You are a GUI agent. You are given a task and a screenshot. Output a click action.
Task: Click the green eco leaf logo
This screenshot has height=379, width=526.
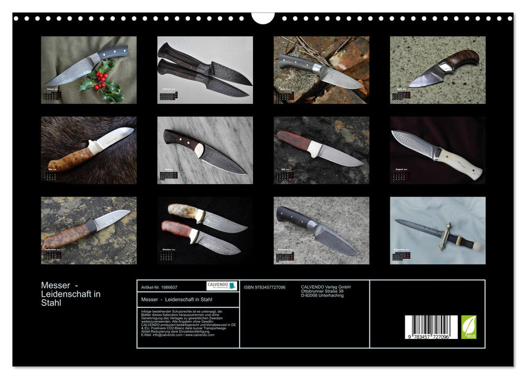[469, 327]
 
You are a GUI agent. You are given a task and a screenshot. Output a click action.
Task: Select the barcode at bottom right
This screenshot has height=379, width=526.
[431, 328]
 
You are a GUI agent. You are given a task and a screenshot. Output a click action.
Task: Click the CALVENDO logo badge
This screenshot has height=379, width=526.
[222, 286]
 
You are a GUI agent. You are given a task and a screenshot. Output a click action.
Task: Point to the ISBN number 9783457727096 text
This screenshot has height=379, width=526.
[264, 287]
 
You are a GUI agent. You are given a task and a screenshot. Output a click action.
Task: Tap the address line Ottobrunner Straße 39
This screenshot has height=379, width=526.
[322, 291]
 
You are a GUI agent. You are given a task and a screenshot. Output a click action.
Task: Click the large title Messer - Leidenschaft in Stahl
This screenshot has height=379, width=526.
[71, 294]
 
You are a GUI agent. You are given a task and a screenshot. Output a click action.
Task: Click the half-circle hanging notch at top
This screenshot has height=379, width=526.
[263, 18]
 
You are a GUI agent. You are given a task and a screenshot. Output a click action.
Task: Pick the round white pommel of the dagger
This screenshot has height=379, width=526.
[478, 247]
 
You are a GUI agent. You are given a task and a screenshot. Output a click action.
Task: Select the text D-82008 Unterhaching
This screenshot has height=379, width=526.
[322, 296]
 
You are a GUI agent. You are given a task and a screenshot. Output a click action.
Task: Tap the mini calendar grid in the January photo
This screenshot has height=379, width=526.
[51, 96]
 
